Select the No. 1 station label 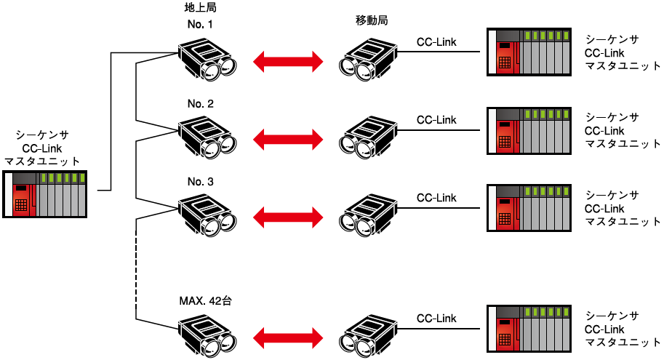pos(200,24)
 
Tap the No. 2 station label pos(200,104)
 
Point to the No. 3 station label pos(200,182)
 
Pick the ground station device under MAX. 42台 pos(207,336)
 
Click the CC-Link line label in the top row pos(436,42)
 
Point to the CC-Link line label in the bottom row pos(436,319)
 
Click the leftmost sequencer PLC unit pos(44,194)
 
